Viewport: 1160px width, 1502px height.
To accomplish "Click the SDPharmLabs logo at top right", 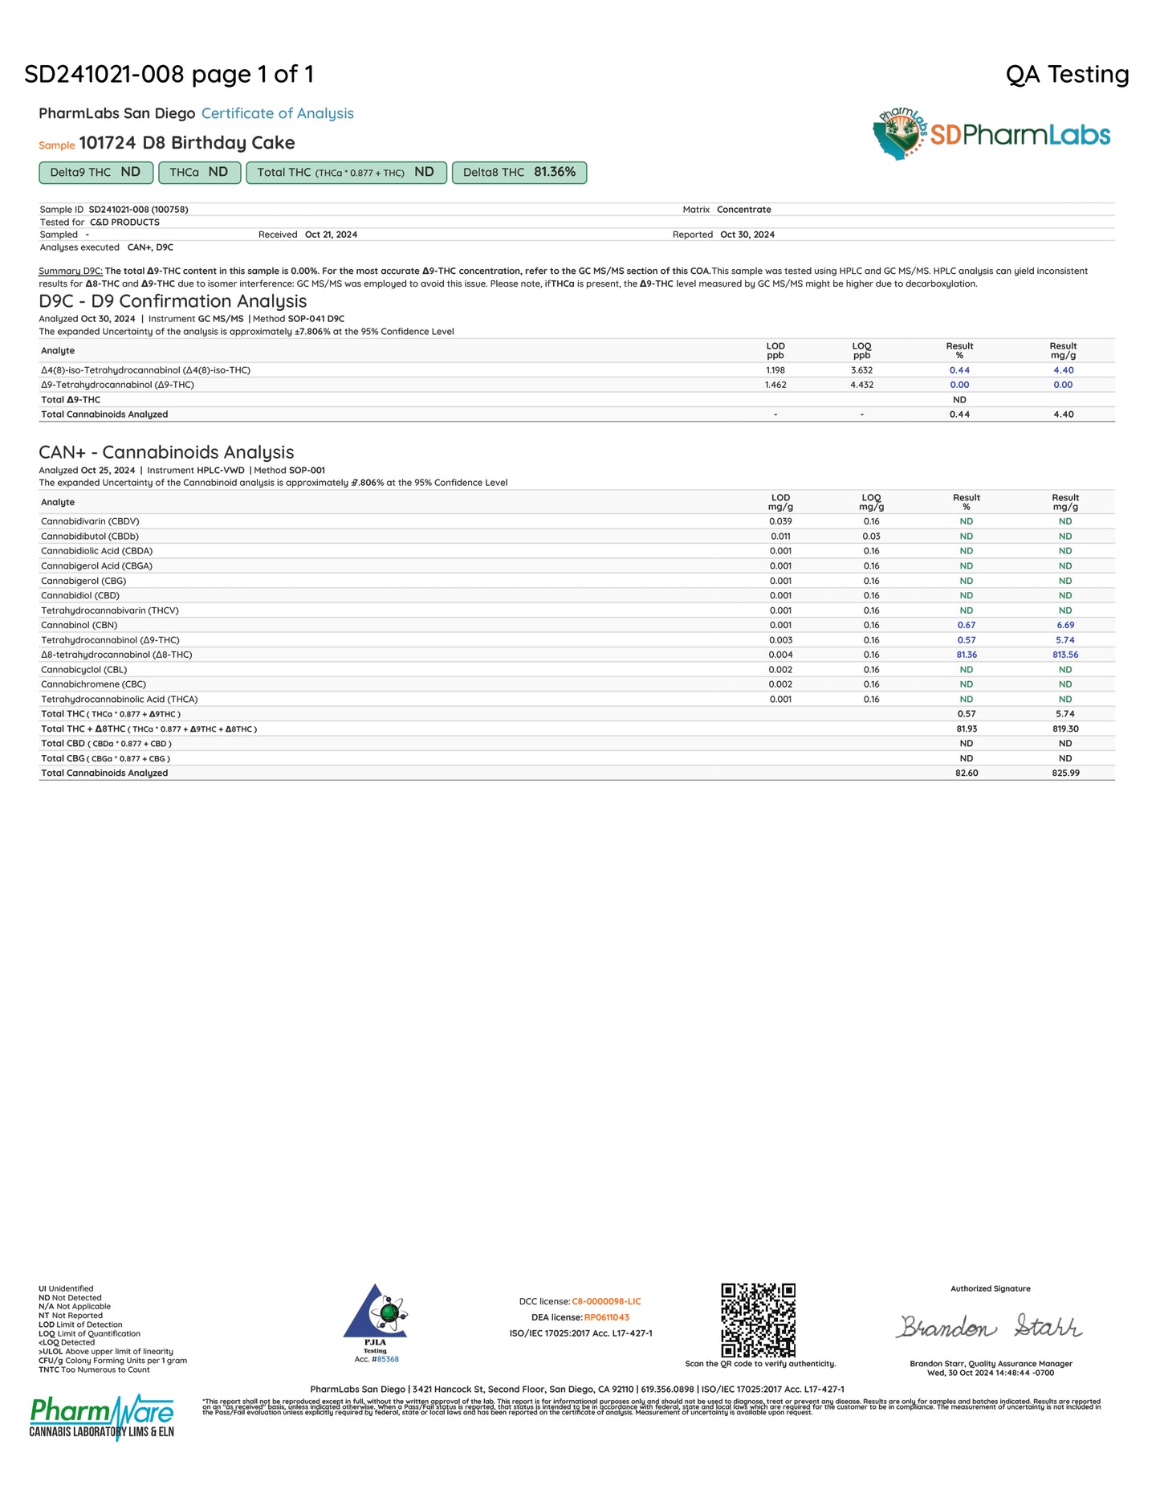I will tap(991, 134).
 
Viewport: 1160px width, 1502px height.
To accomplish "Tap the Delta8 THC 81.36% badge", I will tap(519, 173).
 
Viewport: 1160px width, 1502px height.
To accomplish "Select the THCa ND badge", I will tap(199, 173).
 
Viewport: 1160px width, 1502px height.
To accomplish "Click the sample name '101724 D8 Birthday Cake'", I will tap(186, 143).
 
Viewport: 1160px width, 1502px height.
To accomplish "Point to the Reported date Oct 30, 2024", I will tap(747, 235).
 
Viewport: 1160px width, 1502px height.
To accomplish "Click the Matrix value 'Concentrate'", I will tap(743, 210).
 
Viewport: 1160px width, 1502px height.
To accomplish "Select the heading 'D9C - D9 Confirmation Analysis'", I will tap(173, 301).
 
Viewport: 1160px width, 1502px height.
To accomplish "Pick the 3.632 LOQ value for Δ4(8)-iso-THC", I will tap(861, 370).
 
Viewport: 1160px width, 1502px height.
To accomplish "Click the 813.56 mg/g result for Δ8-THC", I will tap(1065, 655).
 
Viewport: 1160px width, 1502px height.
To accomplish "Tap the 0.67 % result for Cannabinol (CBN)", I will tap(966, 625).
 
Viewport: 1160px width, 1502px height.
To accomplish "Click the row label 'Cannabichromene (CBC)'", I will tap(93, 684).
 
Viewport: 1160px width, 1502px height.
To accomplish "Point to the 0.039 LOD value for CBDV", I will tap(780, 521).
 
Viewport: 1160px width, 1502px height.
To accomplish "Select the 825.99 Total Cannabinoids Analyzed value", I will tap(1065, 773).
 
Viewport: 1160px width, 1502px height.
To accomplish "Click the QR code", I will tap(758, 1320).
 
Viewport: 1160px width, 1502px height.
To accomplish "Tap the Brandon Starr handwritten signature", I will tap(990, 1326).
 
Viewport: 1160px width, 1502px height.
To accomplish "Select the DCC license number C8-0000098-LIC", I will tap(606, 1301).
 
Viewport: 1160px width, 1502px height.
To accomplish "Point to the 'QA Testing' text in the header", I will tap(1067, 75).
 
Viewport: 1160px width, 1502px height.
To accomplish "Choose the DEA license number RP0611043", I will tap(606, 1317).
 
